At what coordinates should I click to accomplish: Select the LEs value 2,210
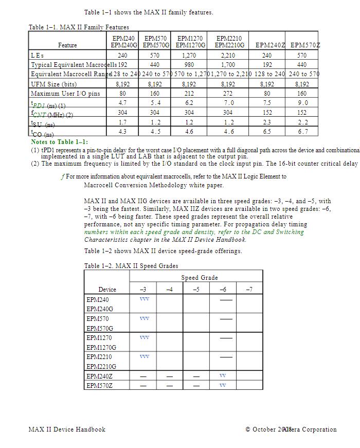[228, 56]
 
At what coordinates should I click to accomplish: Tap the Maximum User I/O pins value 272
[228, 94]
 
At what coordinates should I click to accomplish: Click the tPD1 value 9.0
[302, 103]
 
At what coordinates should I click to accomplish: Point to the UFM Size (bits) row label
[54, 84]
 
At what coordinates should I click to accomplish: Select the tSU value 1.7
[122, 122]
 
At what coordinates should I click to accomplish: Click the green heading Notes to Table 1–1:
[59, 142]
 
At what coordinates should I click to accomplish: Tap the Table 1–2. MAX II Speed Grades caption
[131, 266]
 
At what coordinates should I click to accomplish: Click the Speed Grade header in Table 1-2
[200, 278]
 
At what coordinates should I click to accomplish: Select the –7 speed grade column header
[249, 290]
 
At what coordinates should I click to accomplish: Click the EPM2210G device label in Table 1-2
[101, 367]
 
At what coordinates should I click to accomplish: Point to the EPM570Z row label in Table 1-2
[99, 386]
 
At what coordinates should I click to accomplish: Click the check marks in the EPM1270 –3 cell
[144, 337]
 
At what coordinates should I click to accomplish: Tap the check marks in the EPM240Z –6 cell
[223, 376]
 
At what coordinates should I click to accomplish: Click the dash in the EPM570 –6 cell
[226, 319]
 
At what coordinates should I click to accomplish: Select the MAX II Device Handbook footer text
[67, 429]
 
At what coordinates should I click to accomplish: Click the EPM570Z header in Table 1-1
[305, 45]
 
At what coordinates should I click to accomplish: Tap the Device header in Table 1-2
[107, 290]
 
